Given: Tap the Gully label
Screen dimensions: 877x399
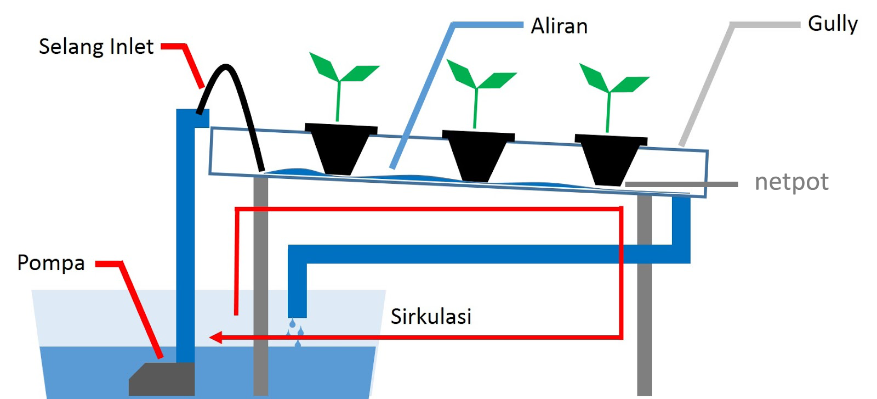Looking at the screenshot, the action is [x=833, y=24].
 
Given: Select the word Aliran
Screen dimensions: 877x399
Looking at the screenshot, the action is [x=559, y=27].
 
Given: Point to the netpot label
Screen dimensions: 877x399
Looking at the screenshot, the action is [x=791, y=182].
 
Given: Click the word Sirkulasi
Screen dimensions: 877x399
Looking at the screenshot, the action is [x=431, y=316].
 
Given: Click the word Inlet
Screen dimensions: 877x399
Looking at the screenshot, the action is [x=132, y=47].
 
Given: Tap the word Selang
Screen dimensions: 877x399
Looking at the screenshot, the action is [x=72, y=47].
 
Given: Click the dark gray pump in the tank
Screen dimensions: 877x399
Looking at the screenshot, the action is [x=162, y=379].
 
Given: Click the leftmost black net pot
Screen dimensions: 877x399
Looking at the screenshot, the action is [x=340, y=149].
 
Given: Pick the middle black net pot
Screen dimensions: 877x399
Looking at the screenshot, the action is [x=478, y=156].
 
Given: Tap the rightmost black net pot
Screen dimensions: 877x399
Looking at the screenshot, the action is [x=611, y=160].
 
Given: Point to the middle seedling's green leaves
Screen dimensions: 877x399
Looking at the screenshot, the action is [x=481, y=75].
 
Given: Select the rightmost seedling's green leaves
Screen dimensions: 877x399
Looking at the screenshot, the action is [x=614, y=78].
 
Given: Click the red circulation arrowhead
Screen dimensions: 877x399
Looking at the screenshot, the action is [x=216, y=337].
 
